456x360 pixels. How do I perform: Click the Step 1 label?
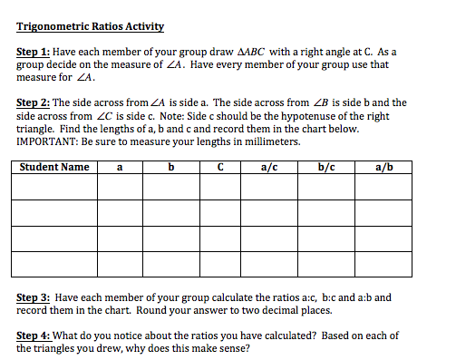click(34, 54)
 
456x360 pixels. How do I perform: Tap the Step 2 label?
click(34, 103)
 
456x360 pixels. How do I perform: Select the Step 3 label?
click(34, 297)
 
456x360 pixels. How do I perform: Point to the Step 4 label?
click(34, 336)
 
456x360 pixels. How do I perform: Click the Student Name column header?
click(54, 167)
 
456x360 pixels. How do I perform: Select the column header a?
click(121, 167)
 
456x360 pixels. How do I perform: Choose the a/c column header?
click(269, 167)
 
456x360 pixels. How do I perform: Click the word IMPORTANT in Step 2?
click(49, 142)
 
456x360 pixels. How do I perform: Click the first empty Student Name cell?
click(54, 186)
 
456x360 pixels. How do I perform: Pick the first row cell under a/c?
click(269, 186)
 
